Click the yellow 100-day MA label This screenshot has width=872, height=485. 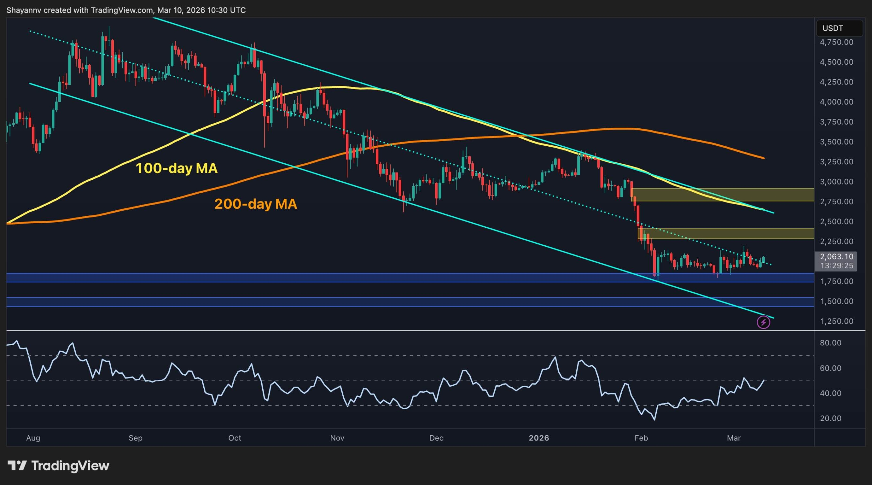click(x=176, y=168)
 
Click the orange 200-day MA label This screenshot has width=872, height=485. click(x=255, y=204)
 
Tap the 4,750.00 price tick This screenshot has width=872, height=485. click(x=836, y=42)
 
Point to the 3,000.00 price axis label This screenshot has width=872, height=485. click(x=836, y=182)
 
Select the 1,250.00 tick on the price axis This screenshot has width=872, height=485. click(x=836, y=321)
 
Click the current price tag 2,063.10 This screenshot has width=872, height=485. click(x=836, y=257)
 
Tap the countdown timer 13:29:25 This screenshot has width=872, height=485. click(x=836, y=266)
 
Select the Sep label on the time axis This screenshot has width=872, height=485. click(x=135, y=438)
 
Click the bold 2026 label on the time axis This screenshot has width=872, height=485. click(x=539, y=438)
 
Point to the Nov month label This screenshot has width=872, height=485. click(x=337, y=438)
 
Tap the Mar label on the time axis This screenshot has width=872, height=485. click(x=733, y=438)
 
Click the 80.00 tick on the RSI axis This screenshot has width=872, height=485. click(x=830, y=343)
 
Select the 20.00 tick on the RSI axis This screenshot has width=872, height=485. click(x=830, y=418)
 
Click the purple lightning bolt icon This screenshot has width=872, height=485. click(x=763, y=322)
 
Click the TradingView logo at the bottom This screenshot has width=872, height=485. click(x=58, y=466)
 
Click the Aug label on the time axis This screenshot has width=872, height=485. click(x=33, y=438)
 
